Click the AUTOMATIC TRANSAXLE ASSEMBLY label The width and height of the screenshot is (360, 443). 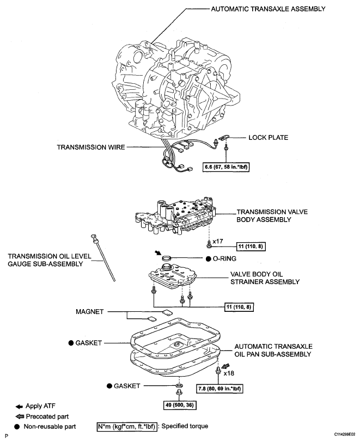pyautogui.click(x=268, y=9)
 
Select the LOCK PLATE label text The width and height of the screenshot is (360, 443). pyautogui.click(x=268, y=138)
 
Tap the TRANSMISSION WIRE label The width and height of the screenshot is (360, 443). pyautogui.click(x=91, y=147)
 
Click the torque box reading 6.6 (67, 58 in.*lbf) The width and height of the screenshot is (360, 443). pyautogui.click(x=227, y=167)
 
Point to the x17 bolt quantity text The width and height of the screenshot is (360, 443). pyautogui.click(x=218, y=241)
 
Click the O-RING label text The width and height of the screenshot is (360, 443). pyautogui.click(x=224, y=259)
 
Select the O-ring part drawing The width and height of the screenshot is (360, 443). pyautogui.click(x=167, y=258)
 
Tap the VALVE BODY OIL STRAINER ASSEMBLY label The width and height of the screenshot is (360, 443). pyautogui.click(x=265, y=278)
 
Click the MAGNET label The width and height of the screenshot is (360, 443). pyautogui.click(x=90, y=312)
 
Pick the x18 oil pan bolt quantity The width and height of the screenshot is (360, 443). pyautogui.click(x=229, y=373)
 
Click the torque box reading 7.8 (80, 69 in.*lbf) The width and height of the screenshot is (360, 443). pyautogui.click(x=219, y=389)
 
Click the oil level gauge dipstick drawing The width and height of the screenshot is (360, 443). pyautogui.click(x=103, y=257)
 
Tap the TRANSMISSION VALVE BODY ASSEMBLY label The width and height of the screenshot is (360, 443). pyautogui.click(x=272, y=216)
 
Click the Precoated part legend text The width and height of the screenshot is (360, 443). pyautogui.click(x=47, y=416)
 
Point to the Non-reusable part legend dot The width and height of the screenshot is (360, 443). pyautogui.click(x=17, y=427)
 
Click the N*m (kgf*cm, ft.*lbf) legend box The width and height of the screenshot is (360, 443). pyautogui.click(x=126, y=426)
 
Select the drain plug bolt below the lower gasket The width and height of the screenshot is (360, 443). pyautogui.click(x=179, y=392)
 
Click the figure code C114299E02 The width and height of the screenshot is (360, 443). pyautogui.click(x=345, y=434)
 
